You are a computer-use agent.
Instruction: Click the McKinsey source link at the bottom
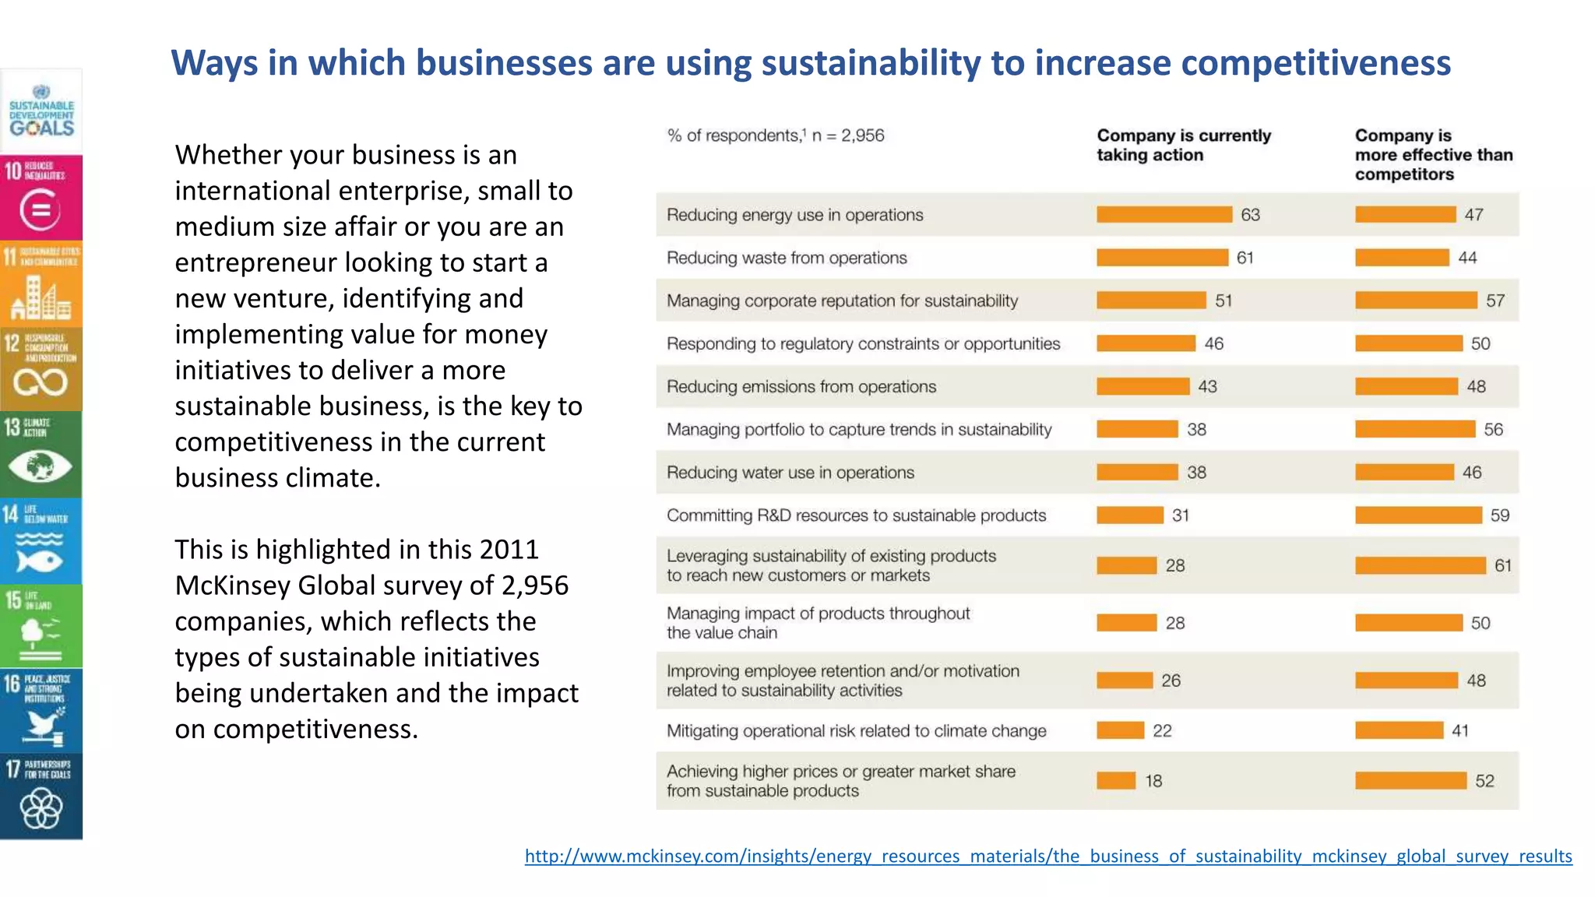click(x=1047, y=856)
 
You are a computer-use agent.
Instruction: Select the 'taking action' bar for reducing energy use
click(x=1164, y=214)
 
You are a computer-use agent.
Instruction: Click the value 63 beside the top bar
click(x=1250, y=215)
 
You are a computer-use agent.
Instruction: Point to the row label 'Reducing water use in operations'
click(x=790, y=473)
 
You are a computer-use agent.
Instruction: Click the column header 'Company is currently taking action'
click(x=1183, y=145)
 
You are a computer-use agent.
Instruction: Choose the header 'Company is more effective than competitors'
click(x=1433, y=154)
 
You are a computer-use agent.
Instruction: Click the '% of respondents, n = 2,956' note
click(x=775, y=135)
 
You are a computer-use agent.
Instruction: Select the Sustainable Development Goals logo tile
click(x=41, y=111)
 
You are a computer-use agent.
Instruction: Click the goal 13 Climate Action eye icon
click(x=40, y=467)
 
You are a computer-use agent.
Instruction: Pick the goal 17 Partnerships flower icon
click(x=40, y=809)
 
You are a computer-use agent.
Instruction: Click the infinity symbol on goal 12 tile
click(x=40, y=382)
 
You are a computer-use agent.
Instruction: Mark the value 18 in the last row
click(x=1153, y=781)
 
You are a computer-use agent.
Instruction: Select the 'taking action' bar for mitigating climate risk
click(x=1120, y=730)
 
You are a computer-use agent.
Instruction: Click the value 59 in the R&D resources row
click(x=1499, y=515)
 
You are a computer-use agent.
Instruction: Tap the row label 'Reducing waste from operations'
click(x=786, y=258)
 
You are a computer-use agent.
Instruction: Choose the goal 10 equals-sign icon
click(x=40, y=210)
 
